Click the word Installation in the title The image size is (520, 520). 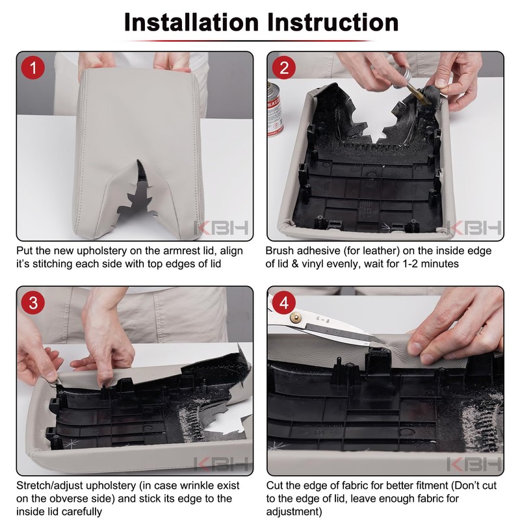pyautogui.click(x=191, y=22)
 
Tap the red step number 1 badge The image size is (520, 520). pyautogui.click(x=33, y=68)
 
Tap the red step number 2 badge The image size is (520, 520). pyautogui.click(x=284, y=68)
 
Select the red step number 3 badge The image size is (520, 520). pyautogui.click(x=33, y=303)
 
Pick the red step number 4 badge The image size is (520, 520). pyautogui.click(x=284, y=303)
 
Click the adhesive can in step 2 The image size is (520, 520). pyautogui.click(x=276, y=109)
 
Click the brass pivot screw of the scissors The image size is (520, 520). pyautogui.click(x=294, y=318)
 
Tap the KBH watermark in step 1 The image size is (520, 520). pyautogui.click(x=221, y=228)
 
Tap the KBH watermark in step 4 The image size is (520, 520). pyautogui.click(x=474, y=463)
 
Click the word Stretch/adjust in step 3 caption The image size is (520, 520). pyautogui.click(x=50, y=486)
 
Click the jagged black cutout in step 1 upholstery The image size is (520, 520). pyautogui.click(x=136, y=196)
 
